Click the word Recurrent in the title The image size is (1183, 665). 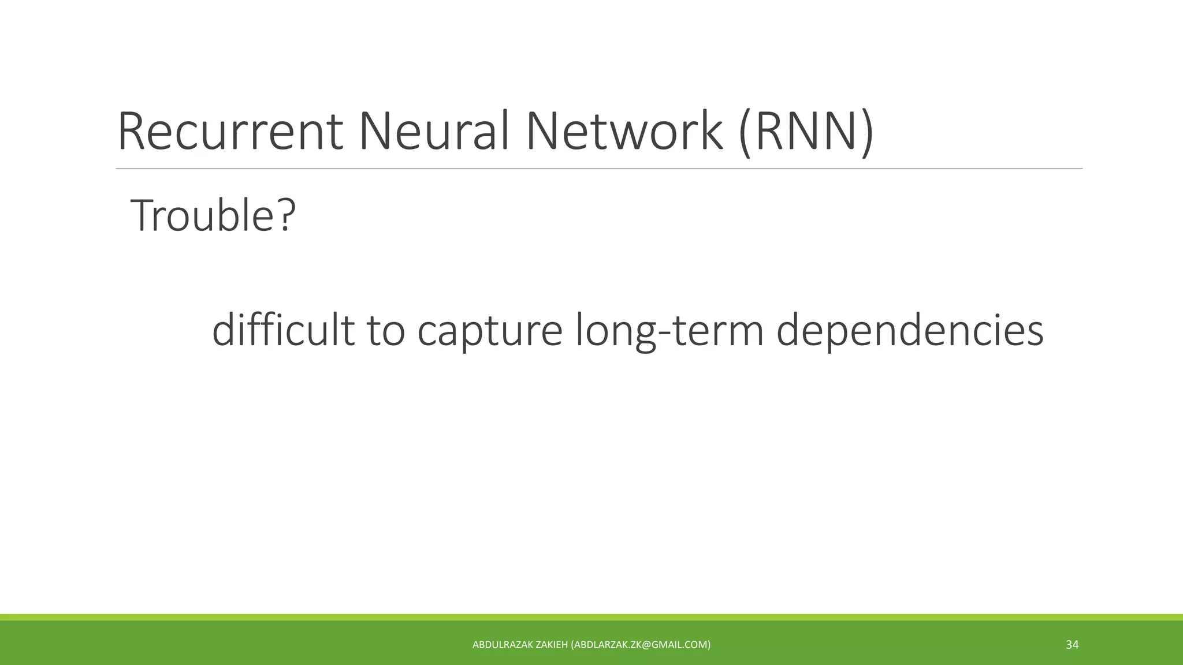point(230,132)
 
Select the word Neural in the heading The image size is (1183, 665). point(433,132)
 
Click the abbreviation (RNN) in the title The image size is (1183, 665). point(806,133)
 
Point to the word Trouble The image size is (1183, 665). point(206,215)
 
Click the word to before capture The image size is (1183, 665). point(386,331)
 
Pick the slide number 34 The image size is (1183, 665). point(1072,645)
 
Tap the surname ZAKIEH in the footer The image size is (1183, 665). point(552,645)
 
